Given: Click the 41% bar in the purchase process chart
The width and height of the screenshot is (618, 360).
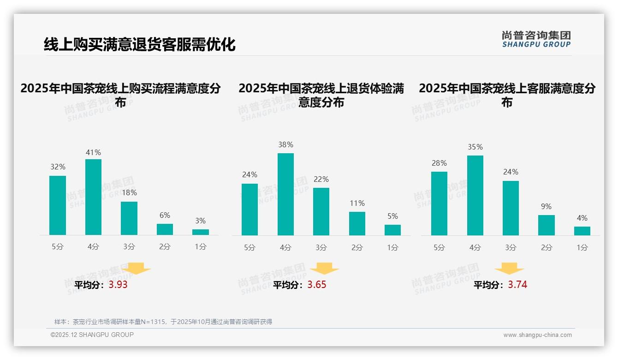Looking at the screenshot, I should pyautogui.click(x=93, y=197).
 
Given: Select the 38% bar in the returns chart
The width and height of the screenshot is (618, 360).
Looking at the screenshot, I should pyautogui.click(x=285, y=194).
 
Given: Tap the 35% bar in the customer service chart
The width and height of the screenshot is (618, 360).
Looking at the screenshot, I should pyautogui.click(x=475, y=195).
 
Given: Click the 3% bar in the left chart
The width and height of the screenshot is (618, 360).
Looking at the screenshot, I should pyautogui.click(x=201, y=232).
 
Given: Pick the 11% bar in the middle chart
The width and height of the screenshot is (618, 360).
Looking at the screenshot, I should pyautogui.click(x=357, y=223).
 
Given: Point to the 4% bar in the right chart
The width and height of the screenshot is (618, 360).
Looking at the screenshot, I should pyautogui.click(x=582, y=231).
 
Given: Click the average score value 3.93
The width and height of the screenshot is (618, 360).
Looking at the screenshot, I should pyautogui.click(x=118, y=285).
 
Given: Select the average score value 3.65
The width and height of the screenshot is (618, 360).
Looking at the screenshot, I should pyautogui.click(x=317, y=285).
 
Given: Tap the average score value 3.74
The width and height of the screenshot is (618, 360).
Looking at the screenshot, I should pyautogui.click(x=517, y=285).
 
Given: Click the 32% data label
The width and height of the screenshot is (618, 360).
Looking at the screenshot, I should pyautogui.click(x=58, y=167).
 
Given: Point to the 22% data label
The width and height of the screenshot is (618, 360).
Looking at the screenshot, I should pyautogui.click(x=321, y=179).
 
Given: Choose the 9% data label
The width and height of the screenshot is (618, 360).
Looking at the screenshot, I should pyautogui.click(x=546, y=206).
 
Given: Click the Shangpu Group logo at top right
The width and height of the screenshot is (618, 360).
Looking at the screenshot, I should pyautogui.click(x=536, y=39).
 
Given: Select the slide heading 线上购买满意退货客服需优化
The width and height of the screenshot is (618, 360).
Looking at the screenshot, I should pyautogui.click(x=140, y=44).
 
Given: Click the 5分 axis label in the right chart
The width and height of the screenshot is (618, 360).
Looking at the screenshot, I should pyautogui.click(x=439, y=247).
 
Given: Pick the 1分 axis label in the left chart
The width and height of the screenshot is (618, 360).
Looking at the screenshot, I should pyautogui.click(x=201, y=247).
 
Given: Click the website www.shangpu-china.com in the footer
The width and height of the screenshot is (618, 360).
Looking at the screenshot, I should pyautogui.click(x=537, y=335).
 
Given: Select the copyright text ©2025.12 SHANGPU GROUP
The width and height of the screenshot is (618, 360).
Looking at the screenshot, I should pyautogui.click(x=92, y=335).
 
